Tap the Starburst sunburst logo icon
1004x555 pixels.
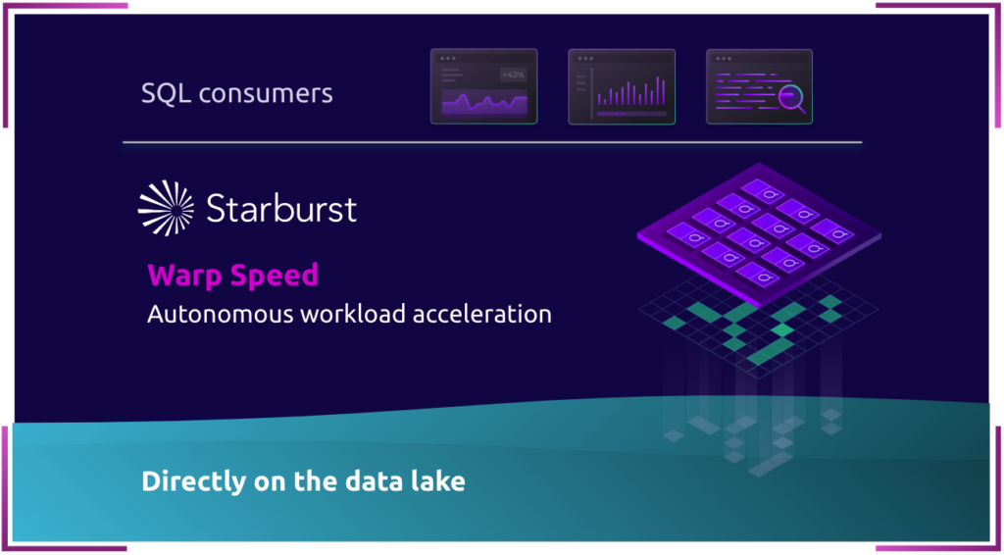(166, 208)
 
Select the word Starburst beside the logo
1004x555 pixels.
(281, 209)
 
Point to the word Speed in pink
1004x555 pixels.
(276, 277)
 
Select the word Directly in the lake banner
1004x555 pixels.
(190, 481)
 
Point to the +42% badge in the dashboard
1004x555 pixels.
(513, 75)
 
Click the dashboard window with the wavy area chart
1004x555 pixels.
(484, 86)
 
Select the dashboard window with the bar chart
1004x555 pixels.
(622, 86)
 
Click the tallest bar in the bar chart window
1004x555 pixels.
(658, 90)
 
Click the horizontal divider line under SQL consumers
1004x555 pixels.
(492, 142)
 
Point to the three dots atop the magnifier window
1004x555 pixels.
(724, 58)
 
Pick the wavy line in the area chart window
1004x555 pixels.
(484, 102)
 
